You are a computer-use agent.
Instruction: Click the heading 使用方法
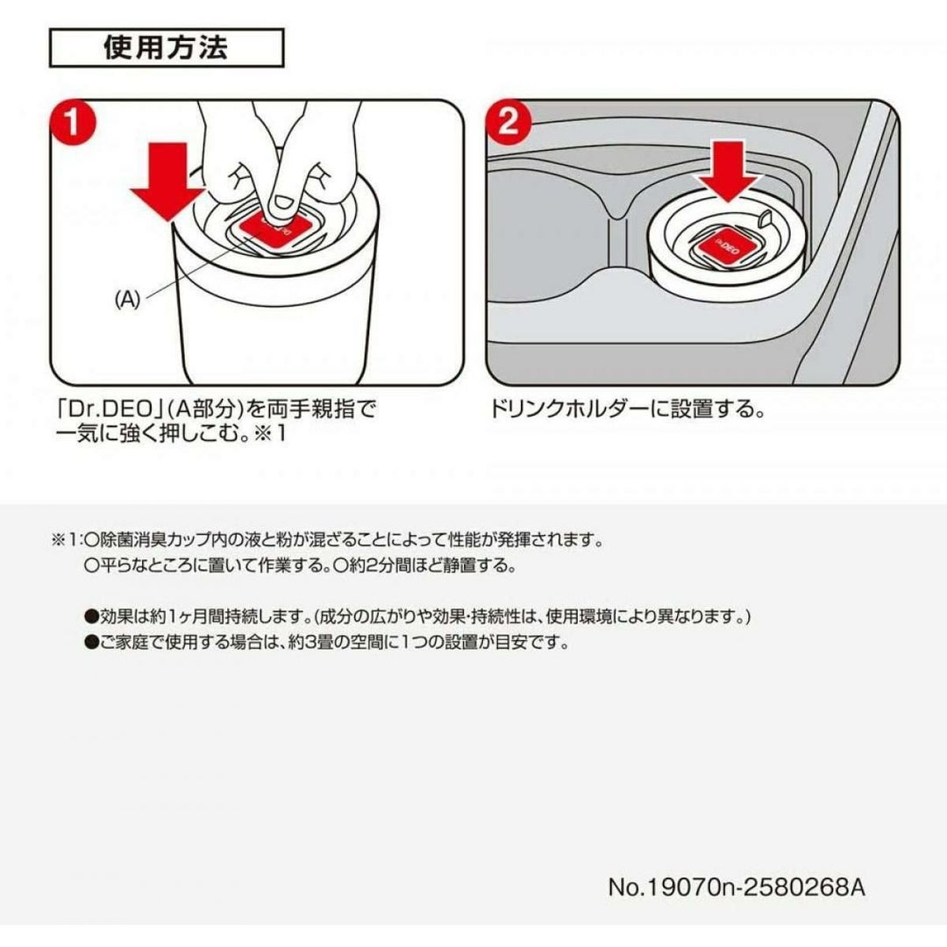pos(166,47)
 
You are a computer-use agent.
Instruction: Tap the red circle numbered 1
pos(72,124)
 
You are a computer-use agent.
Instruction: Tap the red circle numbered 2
pos(509,124)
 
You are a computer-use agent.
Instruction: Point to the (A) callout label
pos(127,300)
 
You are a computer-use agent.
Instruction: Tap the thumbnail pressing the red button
pos(281,203)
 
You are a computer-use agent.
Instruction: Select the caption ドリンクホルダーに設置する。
pos(627,409)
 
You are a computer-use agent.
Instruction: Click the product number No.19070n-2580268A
pos(737,887)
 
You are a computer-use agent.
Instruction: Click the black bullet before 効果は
pos(92,616)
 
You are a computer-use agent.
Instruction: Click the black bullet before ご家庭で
pos(92,642)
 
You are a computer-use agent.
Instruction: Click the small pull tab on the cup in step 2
pos(765,218)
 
